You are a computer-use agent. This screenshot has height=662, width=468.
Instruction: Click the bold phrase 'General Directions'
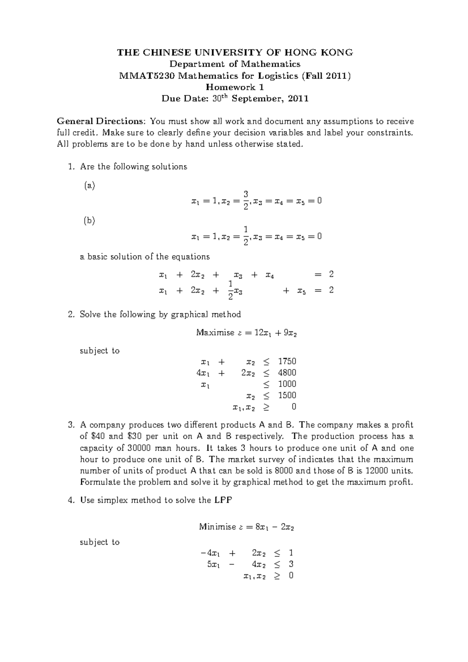coord(101,121)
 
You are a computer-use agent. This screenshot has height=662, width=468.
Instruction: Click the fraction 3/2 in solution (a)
coord(246,200)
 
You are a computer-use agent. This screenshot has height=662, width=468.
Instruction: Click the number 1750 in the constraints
coord(287,361)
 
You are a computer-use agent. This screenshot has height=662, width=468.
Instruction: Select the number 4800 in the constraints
coord(287,373)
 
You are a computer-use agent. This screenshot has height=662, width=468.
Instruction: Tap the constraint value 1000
coord(287,384)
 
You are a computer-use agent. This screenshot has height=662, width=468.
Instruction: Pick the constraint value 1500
coord(287,395)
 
